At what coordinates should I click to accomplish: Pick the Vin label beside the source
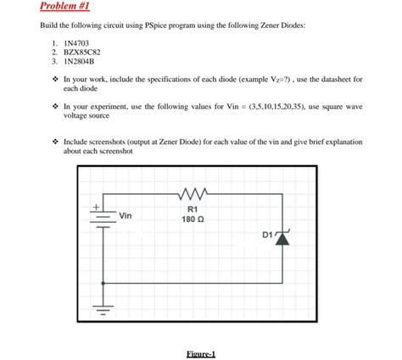[126, 215]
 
